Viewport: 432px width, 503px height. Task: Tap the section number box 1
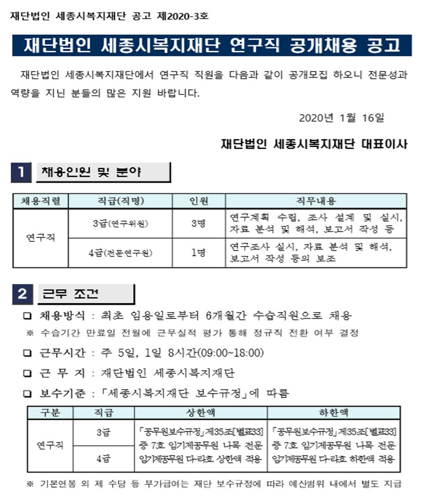[x=21, y=173]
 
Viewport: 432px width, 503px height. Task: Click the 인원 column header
[x=199, y=201]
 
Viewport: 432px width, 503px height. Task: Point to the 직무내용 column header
[x=316, y=201]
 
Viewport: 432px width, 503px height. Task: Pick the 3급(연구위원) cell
[x=120, y=223]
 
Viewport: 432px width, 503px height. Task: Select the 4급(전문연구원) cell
[x=120, y=253]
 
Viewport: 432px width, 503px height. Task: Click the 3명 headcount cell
[x=199, y=223]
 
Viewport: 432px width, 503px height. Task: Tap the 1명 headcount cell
[x=199, y=253]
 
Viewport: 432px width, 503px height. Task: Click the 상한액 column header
[x=200, y=412]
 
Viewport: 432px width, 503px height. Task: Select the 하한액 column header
[x=334, y=412]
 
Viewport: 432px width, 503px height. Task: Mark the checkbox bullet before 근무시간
[x=28, y=353]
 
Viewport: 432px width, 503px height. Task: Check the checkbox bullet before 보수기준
[x=28, y=394]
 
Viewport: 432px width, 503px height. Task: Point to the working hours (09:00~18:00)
[x=231, y=353]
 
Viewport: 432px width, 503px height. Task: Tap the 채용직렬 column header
[x=40, y=201]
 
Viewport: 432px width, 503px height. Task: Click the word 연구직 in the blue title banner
[x=255, y=46]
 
